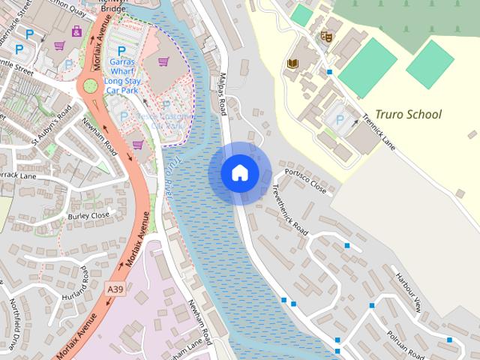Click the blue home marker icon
pyautogui.click(x=240, y=173)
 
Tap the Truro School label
pyautogui.click(x=409, y=115)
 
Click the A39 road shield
pyautogui.click(x=115, y=289)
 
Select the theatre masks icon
pyautogui.click(x=325, y=35)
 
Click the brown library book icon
pyautogui.click(x=292, y=65)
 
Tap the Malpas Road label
pyautogui.click(x=223, y=93)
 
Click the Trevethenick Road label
pyautogui.click(x=289, y=209)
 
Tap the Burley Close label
pyautogui.click(x=88, y=215)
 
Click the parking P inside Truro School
pyautogui.click(x=339, y=119)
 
